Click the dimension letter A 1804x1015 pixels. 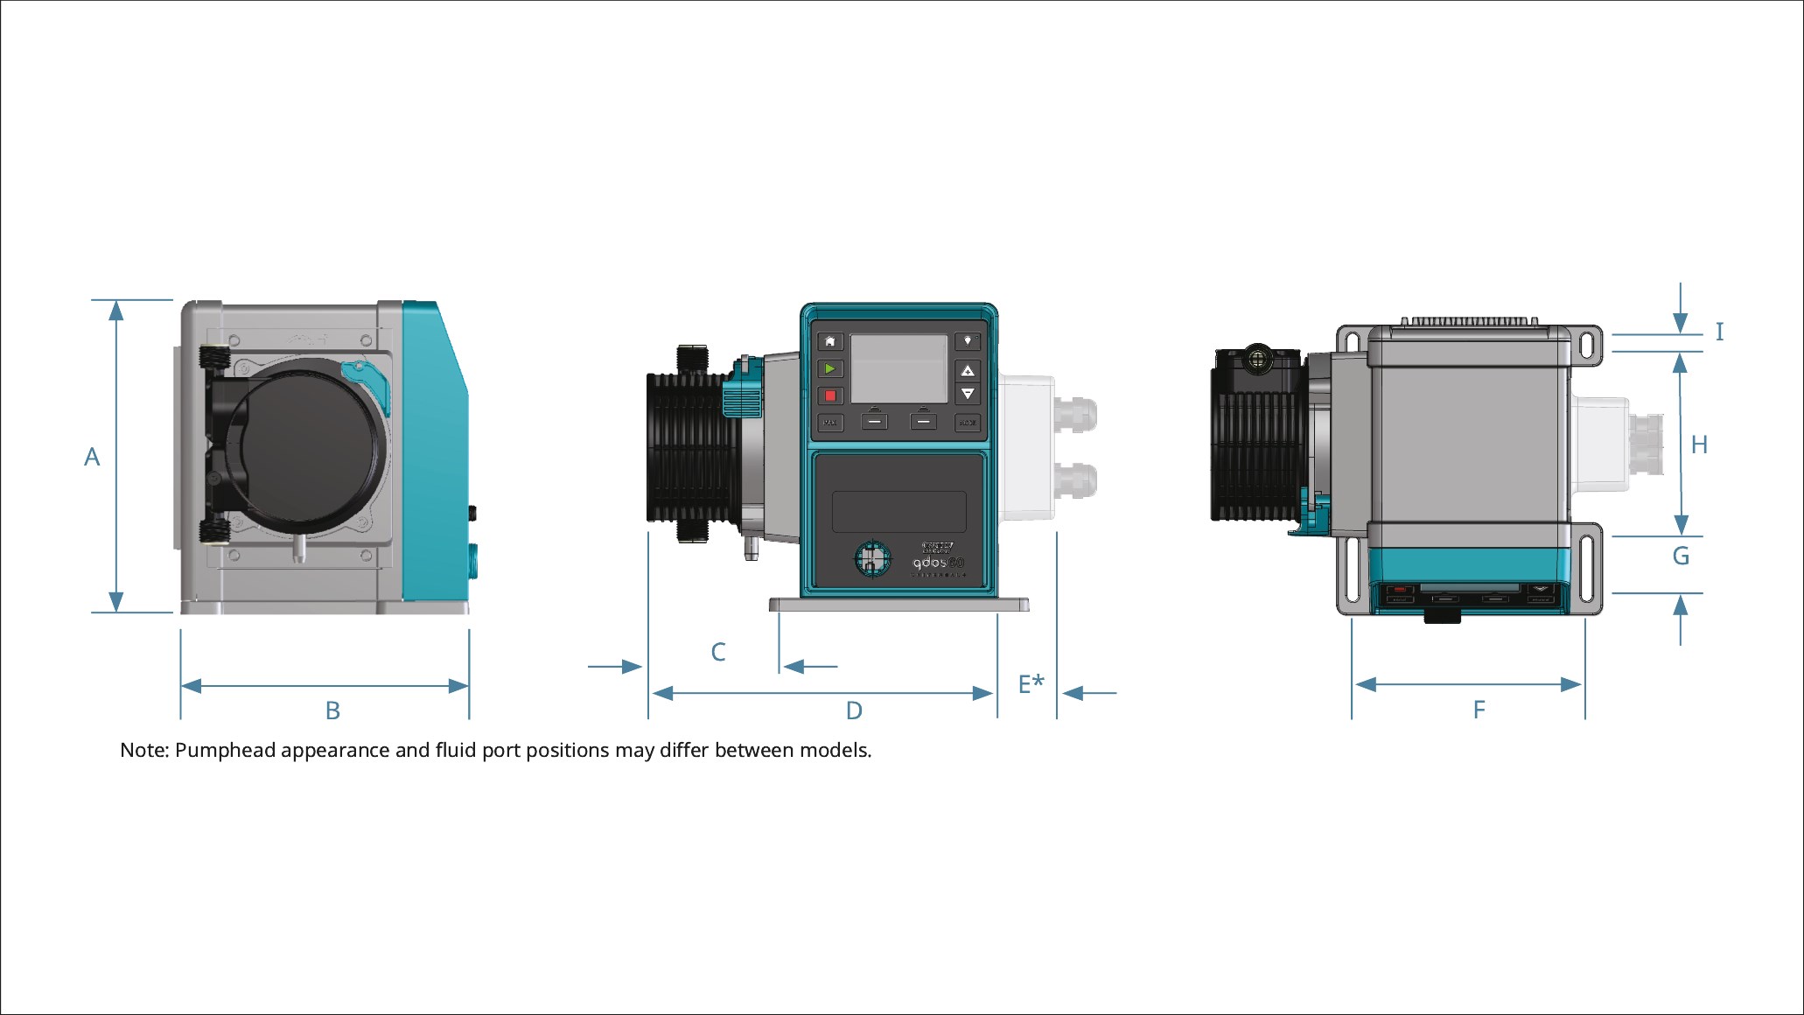coord(92,457)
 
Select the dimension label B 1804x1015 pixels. coord(332,710)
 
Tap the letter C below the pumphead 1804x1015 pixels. coord(718,652)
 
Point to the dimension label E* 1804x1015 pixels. coord(1031,683)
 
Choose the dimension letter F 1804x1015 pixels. coord(1479,710)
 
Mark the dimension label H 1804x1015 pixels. coord(1699,445)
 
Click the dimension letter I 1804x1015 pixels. coord(1719,332)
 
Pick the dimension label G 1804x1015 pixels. coord(1681,556)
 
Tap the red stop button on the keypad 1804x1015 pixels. coord(830,395)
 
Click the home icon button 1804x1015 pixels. coord(830,341)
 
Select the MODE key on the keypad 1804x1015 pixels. coord(967,423)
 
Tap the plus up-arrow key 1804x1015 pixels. coord(967,370)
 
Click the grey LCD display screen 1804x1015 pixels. coord(899,368)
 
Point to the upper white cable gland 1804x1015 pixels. coord(1075,414)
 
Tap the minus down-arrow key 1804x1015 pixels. coord(967,395)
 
